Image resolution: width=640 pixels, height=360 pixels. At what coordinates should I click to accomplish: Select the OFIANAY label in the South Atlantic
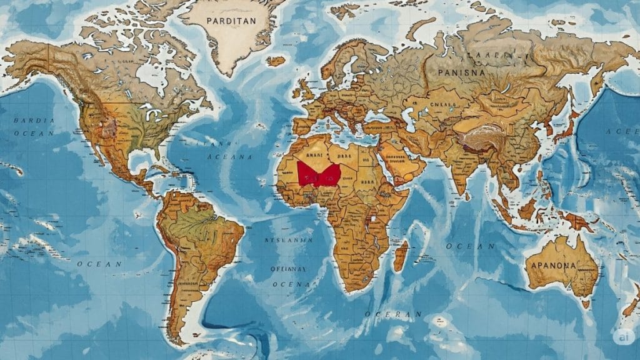click(288, 269)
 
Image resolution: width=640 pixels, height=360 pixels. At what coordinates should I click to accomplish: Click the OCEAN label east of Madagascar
click(465, 246)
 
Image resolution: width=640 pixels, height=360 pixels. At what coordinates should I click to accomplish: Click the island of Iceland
click(276, 61)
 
